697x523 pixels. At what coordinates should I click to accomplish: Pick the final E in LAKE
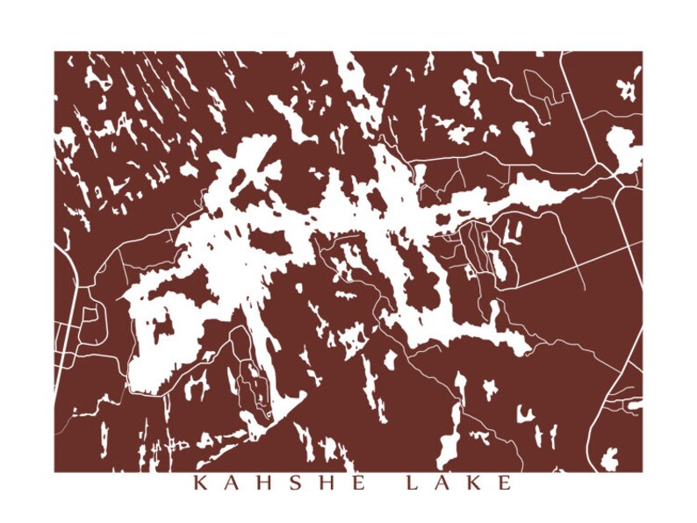(505, 484)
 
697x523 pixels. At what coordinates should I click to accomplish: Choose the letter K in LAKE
(474, 484)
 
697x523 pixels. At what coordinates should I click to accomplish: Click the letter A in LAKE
(443, 484)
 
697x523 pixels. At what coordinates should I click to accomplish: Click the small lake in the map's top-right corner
(628, 88)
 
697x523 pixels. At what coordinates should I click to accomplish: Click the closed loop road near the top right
(536, 89)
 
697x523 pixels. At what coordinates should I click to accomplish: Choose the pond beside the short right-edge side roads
(634, 405)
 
